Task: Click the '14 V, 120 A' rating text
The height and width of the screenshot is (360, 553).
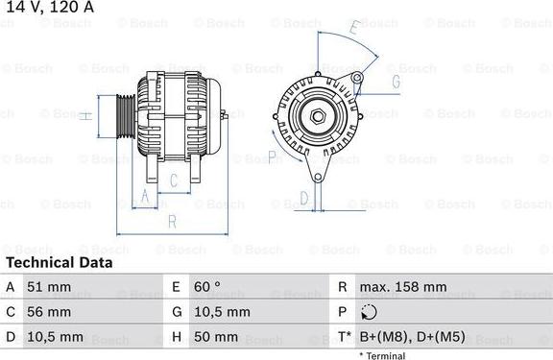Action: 47,9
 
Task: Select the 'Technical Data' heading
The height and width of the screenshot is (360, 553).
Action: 59,262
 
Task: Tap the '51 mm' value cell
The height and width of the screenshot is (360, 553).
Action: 48,287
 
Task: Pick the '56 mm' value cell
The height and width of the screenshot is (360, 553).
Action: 48,312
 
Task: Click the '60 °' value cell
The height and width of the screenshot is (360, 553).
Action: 208,287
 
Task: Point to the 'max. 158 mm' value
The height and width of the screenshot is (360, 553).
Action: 402,287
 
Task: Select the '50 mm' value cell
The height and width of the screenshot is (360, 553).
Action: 217,337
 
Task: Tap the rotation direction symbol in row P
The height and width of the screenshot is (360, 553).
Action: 370,312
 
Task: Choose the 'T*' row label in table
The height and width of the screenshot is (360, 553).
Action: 343,337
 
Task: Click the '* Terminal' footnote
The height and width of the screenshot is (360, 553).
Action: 382,355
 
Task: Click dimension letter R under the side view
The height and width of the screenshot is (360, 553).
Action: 171,222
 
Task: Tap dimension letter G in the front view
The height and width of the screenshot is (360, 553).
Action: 395,82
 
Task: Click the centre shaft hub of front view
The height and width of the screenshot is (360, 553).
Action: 317,117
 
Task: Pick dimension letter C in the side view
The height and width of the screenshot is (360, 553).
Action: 174,180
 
